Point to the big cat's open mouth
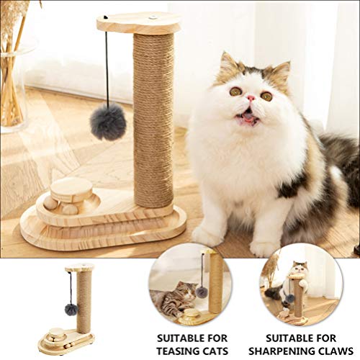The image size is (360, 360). [247, 114]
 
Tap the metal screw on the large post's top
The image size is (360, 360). [153, 14]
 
